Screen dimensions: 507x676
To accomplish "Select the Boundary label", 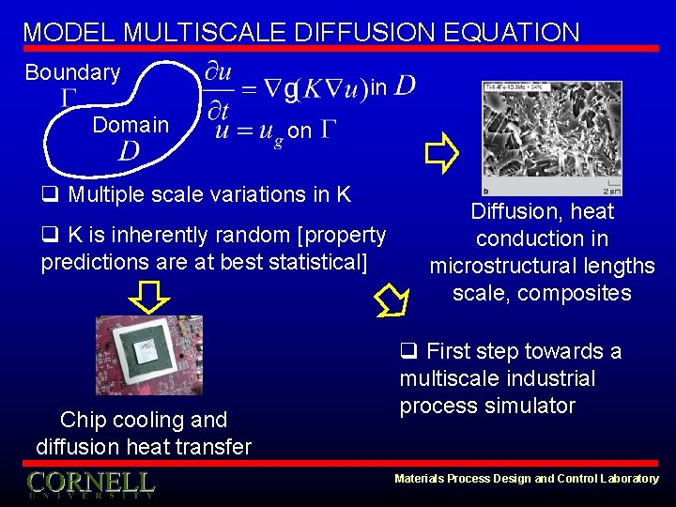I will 72,72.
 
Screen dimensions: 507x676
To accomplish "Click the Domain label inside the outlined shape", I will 131,125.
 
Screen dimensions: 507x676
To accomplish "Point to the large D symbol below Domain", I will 130,151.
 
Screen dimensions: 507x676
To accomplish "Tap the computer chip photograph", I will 148,355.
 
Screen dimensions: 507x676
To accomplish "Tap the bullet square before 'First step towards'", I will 408,352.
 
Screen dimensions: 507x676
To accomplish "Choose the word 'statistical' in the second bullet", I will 314,261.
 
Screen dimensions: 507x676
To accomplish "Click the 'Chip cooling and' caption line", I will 144,420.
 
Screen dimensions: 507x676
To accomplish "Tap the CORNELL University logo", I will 90,484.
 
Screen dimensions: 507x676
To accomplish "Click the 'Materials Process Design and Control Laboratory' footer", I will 527,479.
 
